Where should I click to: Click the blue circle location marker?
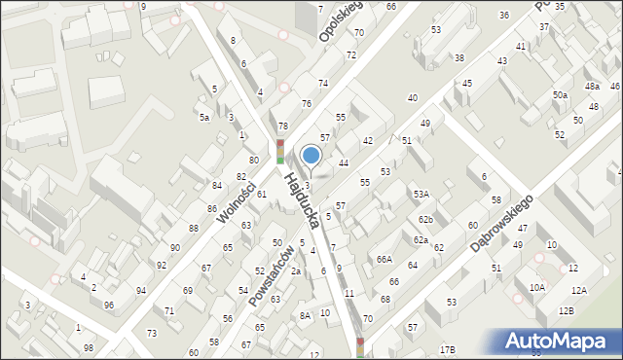[x=311, y=154]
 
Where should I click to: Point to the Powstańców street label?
[x=271, y=275]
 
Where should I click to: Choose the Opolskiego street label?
[x=339, y=20]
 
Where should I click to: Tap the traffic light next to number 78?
[x=280, y=150]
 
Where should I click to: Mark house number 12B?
[x=567, y=310]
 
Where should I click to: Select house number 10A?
[x=537, y=288]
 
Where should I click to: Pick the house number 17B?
[x=447, y=349]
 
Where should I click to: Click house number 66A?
[x=385, y=260]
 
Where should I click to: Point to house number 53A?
[x=421, y=195]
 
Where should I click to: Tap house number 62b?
[x=426, y=220]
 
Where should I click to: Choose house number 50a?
[x=560, y=94]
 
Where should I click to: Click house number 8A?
[x=305, y=315]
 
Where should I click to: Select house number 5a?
[x=204, y=117]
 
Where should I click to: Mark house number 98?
[x=89, y=347]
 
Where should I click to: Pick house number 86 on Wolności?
[x=211, y=209]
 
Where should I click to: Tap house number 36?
[x=503, y=15]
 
